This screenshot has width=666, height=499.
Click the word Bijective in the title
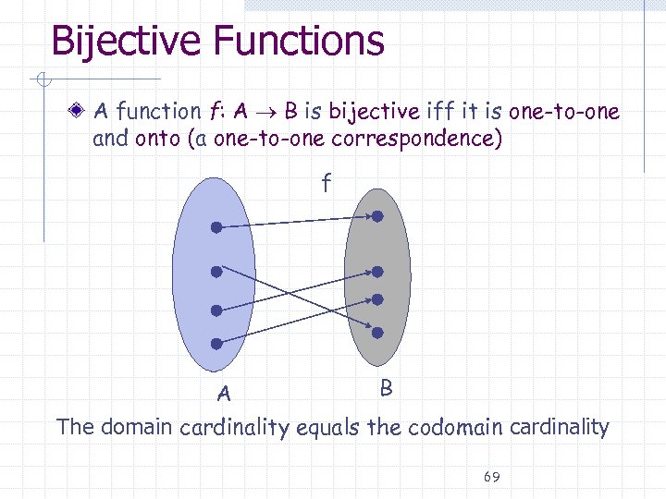125,42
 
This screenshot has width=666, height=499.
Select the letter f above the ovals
325,184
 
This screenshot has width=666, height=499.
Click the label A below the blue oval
223,395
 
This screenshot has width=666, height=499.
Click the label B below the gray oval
387,388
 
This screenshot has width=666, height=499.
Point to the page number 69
491,477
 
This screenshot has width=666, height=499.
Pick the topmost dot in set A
216,226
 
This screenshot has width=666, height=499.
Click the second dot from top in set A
216,273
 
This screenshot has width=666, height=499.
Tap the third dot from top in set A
216,310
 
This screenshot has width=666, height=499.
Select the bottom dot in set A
216,344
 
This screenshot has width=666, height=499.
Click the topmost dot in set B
377,216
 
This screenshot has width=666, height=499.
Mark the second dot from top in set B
377,273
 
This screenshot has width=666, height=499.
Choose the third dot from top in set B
377,299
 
